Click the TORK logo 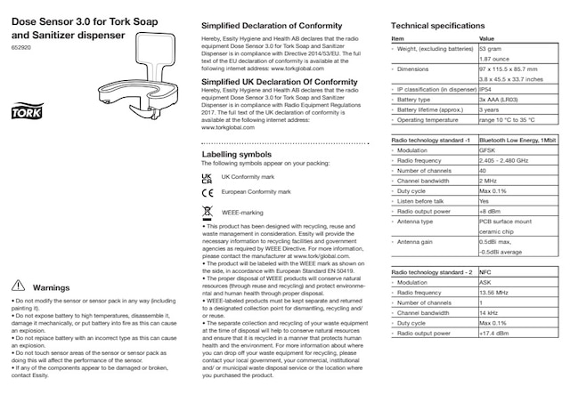pos(22,114)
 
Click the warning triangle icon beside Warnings pos(17,287)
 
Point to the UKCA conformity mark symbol pos(208,178)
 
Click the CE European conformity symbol pos(208,192)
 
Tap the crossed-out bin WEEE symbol pos(208,212)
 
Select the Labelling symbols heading pos(236,154)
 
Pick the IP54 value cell pos(488,90)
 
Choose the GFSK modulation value pos(490,150)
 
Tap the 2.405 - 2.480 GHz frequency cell pos(508,160)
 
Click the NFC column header pos(486,272)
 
